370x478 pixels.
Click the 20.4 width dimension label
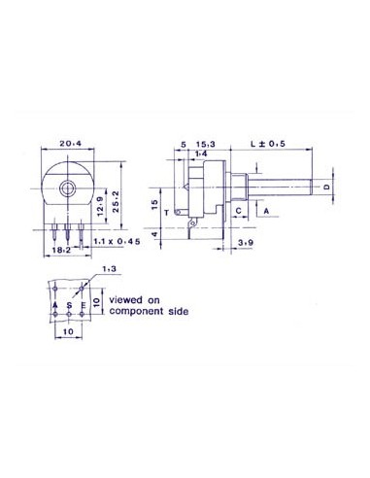coord(69,142)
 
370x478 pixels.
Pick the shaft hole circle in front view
coord(70,187)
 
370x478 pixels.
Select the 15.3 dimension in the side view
coord(208,142)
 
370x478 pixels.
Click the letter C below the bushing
coord(239,210)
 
